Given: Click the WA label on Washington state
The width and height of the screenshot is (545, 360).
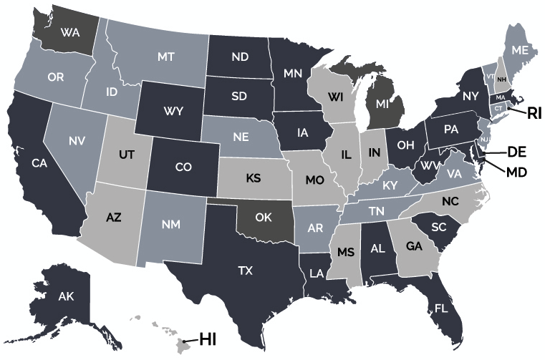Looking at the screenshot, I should tap(69, 33).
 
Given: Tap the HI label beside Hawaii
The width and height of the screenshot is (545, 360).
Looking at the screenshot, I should tap(208, 339).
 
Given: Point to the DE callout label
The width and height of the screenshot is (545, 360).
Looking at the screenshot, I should tap(517, 152).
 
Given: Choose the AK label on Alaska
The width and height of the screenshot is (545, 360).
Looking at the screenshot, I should tap(66, 296).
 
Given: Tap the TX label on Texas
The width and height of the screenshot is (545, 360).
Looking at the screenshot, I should tap(246, 271).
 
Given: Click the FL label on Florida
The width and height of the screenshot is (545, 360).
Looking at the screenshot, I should tap(441, 308).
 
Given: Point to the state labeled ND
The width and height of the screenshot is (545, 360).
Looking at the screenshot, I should tap(239, 57).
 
